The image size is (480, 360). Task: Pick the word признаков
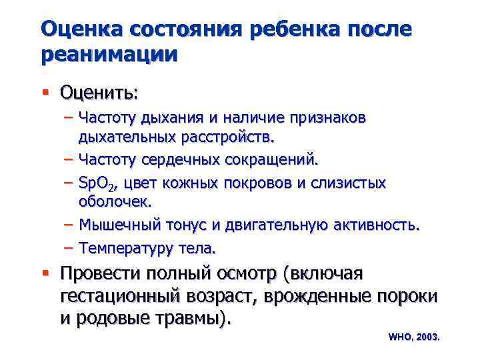(327, 118)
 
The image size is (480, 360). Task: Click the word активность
(379, 225)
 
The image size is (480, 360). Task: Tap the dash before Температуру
(69, 248)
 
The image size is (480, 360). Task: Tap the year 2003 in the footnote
(427, 337)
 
